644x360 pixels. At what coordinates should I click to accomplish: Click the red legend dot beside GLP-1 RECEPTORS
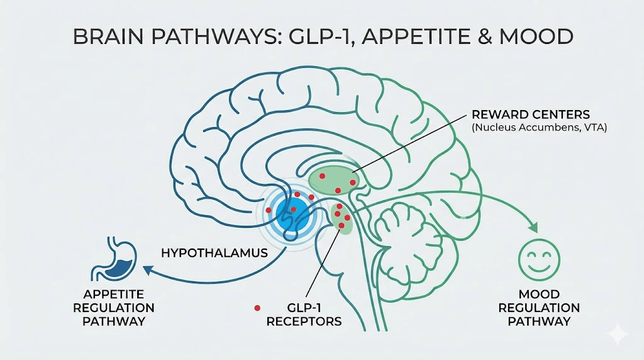tap(257, 308)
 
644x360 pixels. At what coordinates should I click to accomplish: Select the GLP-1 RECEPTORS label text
tap(304, 314)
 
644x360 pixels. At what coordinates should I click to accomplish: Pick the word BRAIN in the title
tap(111, 37)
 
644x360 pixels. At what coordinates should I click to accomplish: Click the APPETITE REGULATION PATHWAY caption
tap(114, 307)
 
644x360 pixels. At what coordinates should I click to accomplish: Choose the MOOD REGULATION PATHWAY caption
tap(540, 307)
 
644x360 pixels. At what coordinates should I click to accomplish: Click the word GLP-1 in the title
tap(305, 37)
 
